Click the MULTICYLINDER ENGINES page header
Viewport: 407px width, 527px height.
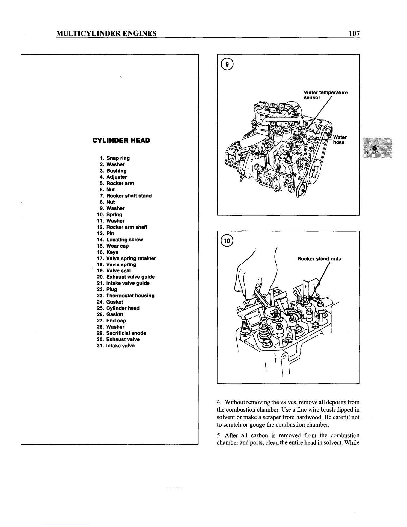click(x=106, y=33)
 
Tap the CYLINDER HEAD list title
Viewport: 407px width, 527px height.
click(x=121, y=140)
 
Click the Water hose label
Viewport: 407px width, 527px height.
click(x=339, y=140)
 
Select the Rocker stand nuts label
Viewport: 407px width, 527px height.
click(x=319, y=259)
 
